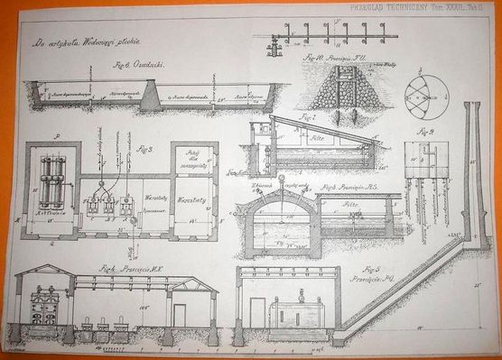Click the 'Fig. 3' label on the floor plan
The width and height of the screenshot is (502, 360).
145,148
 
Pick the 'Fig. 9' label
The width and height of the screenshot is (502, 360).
426,132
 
